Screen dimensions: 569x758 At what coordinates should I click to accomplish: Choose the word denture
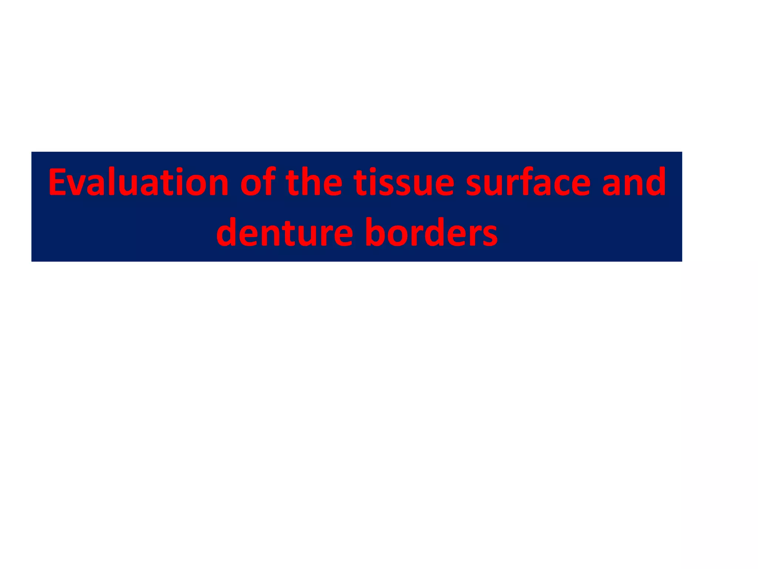tap(284, 233)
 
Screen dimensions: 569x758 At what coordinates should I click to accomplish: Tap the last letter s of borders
tap(489, 235)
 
